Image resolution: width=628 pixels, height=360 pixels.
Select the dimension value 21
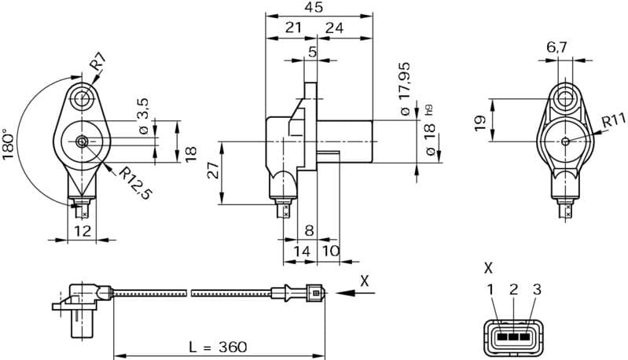[x=292, y=28]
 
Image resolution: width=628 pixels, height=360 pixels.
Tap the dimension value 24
[x=334, y=28]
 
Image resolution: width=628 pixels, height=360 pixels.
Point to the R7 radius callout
[x=97, y=61]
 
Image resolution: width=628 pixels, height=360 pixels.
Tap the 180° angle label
[x=9, y=145]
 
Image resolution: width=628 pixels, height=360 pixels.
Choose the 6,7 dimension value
[x=556, y=48]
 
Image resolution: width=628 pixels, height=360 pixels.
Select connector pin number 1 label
[x=490, y=290]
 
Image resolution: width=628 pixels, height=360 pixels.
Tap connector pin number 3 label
[x=537, y=290]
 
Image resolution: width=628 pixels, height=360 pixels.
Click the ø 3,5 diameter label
[x=143, y=115]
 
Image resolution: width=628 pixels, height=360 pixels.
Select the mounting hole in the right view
[x=565, y=98]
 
